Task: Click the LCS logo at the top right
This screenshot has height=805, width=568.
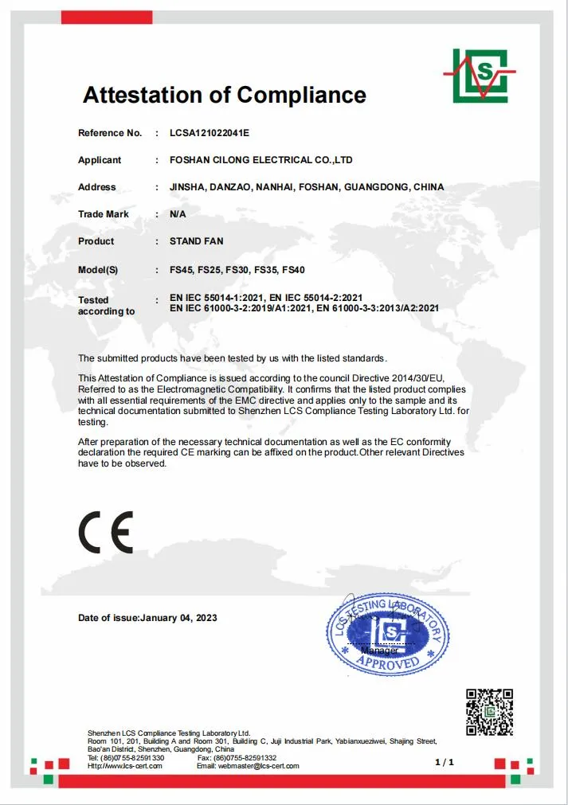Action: pyautogui.click(x=479, y=75)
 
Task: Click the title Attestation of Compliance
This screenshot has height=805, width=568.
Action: pyautogui.click(x=225, y=96)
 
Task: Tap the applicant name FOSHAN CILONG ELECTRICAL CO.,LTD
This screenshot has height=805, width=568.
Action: pyautogui.click(x=260, y=160)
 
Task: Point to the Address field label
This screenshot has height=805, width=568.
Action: pyautogui.click(x=96, y=187)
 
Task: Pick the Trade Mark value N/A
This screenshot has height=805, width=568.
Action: pyautogui.click(x=178, y=214)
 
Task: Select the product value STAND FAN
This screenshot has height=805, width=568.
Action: pyautogui.click(x=197, y=241)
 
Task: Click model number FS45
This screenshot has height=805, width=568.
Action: pyautogui.click(x=182, y=270)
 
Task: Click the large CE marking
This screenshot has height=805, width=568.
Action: pyautogui.click(x=106, y=532)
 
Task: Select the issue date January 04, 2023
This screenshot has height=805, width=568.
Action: pyautogui.click(x=178, y=618)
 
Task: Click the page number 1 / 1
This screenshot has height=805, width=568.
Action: pyautogui.click(x=445, y=762)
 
